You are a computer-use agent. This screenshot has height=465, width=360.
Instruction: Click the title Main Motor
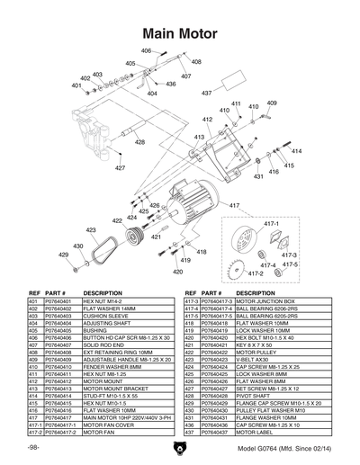pyautogui.click(x=178, y=34)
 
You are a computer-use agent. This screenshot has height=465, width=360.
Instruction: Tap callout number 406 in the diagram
pyautogui.click(x=146, y=51)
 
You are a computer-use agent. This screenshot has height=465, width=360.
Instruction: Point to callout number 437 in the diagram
pyautogui.click(x=206, y=93)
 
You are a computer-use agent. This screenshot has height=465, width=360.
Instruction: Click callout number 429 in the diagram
pyautogui.click(x=63, y=255)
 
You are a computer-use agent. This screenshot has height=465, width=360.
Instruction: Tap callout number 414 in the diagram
pyautogui.click(x=296, y=151)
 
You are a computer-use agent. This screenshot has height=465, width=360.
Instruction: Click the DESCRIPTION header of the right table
pyautogui.click(x=256, y=294)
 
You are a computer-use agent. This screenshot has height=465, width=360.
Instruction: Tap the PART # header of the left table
pyautogui.click(x=56, y=294)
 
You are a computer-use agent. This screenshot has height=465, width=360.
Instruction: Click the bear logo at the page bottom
pyautogui.click(x=180, y=446)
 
